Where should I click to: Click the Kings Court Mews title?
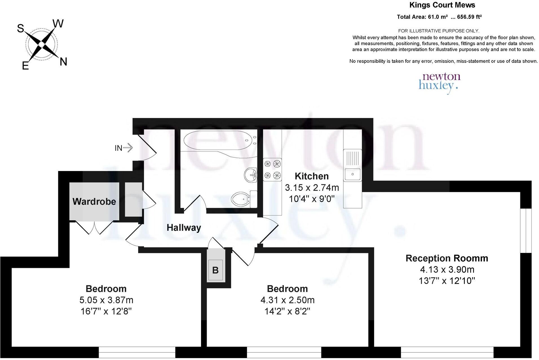click(x=442, y=5)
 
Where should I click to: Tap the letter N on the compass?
click(x=63, y=62)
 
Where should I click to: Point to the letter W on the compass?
click(x=58, y=24)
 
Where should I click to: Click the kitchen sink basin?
click(x=352, y=174)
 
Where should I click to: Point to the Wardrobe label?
click(x=94, y=201)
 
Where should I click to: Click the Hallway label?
click(x=184, y=228)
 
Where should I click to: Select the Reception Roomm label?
click(x=447, y=258)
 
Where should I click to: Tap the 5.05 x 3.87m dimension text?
click(x=106, y=300)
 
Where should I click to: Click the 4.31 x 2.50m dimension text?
click(x=288, y=300)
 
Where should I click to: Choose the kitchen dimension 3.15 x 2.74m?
click(x=312, y=187)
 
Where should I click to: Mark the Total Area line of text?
click(x=439, y=17)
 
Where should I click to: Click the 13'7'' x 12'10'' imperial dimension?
click(x=447, y=281)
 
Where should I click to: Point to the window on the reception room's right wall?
click(x=525, y=231)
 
